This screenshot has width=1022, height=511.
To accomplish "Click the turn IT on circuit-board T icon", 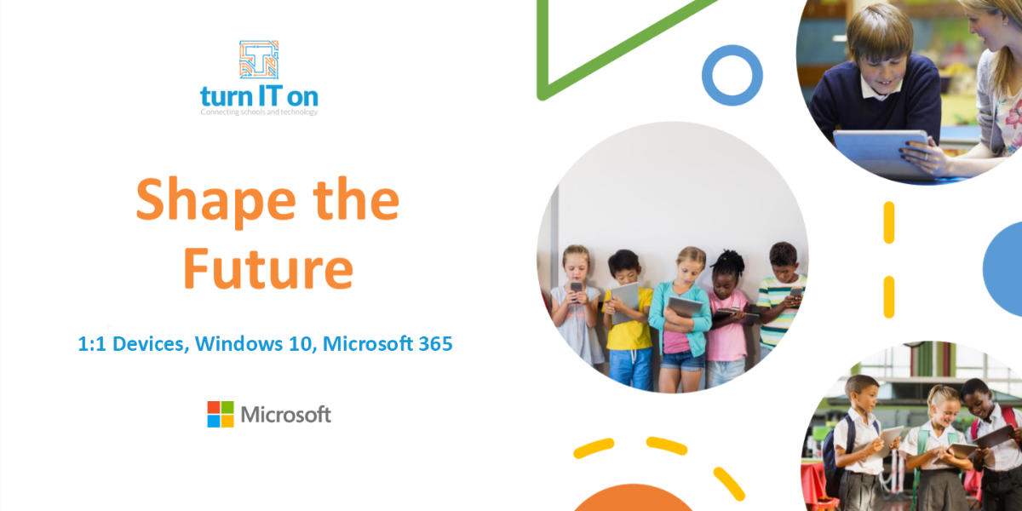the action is coord(259,60).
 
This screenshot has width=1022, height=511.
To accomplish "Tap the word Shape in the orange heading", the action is coord(216,201).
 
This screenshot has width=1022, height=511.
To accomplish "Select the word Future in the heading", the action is coord(269,268).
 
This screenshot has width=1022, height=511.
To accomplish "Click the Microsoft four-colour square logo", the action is coord(221,414).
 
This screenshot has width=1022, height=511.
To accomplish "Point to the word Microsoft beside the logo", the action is coord(285,415).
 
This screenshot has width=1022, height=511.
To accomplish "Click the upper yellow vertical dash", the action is coord(889,222).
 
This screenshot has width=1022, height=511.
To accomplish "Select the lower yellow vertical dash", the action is coord(889,296).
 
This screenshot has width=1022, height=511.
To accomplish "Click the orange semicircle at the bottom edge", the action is coord(633,498).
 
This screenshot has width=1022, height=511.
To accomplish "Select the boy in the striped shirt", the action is coord(781,296).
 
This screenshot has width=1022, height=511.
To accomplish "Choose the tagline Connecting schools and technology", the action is coord(259,112).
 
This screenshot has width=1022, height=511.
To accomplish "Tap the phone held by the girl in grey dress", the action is coord(577,289).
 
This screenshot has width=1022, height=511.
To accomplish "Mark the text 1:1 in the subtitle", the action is coord(92,344).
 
